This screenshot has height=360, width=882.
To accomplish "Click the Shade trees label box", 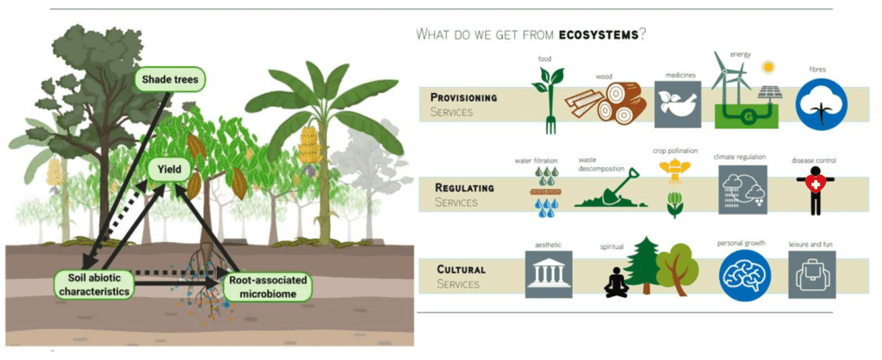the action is [171, 79].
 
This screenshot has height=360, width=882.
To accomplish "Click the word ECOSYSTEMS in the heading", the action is [599, 34].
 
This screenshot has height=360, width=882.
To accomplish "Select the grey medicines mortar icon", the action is [678, 104].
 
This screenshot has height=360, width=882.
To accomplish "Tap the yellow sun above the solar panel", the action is [767, 68].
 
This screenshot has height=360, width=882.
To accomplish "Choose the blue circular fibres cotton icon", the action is [821, 104].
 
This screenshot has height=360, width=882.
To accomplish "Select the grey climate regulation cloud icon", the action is [742, 189].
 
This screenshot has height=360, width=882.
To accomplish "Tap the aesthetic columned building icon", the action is [549, 274].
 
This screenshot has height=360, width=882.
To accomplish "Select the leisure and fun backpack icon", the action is [811, 274].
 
